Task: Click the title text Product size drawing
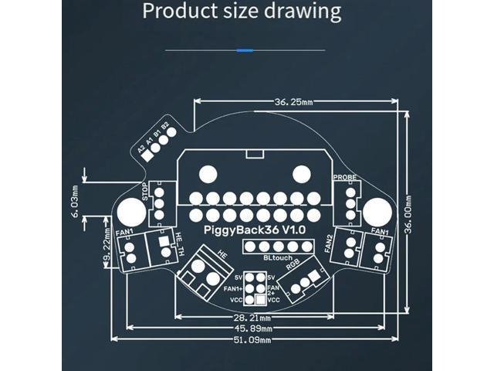(242, 12)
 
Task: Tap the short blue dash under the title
(246, 50)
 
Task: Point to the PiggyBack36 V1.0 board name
(255, 230)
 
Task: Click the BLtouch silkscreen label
(278, 258)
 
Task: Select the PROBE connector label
(345, 177)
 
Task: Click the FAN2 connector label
(330, 243)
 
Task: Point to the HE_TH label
(180, 244)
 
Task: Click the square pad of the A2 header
(145, 154)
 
